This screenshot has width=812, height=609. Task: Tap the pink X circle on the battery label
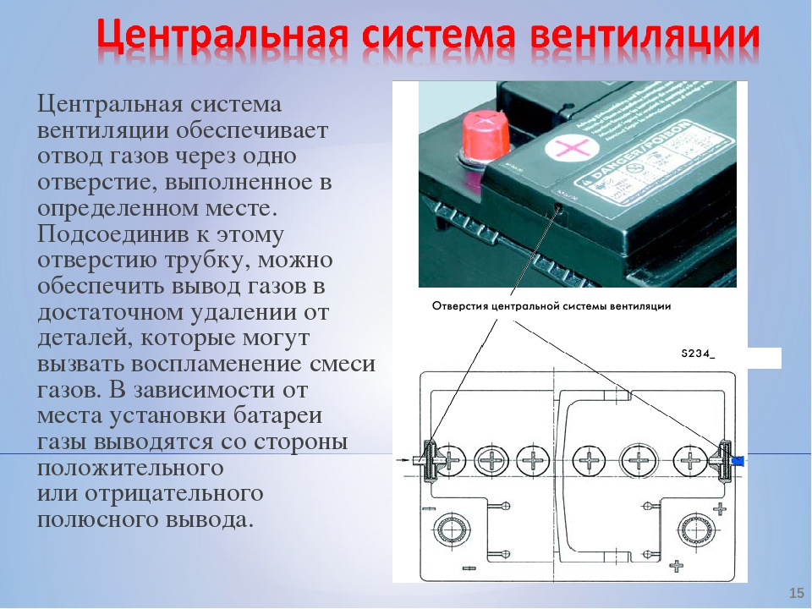tap(566, 150)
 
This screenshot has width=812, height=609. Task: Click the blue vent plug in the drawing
tap(738, 460)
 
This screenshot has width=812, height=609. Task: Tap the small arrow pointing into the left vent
tap(404, 461)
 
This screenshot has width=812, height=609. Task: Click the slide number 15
tap(795, 591)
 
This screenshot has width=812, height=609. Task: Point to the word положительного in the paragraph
tap(130, 468)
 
